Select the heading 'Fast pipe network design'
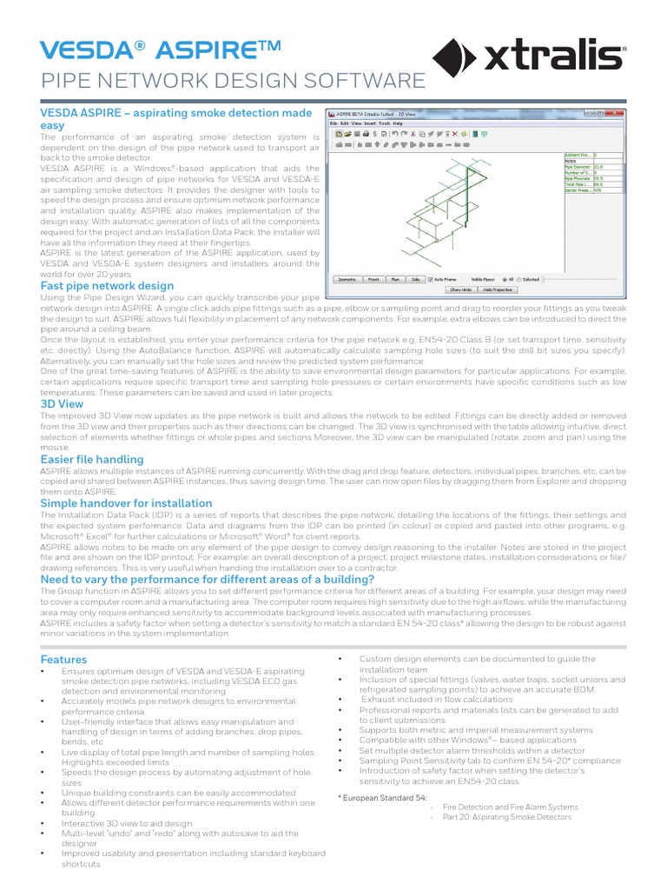[107, 286]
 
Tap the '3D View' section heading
[62, 404]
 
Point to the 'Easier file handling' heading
[92, 459]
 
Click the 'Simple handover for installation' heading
[126, 503]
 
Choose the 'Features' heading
[63, 660]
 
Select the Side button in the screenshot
[415, 279]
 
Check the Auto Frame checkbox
[432, 279]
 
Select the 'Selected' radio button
[520, 279]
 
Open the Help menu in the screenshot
[398, 123]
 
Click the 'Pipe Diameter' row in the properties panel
[599, 167]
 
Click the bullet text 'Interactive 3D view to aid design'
[127, 823]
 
